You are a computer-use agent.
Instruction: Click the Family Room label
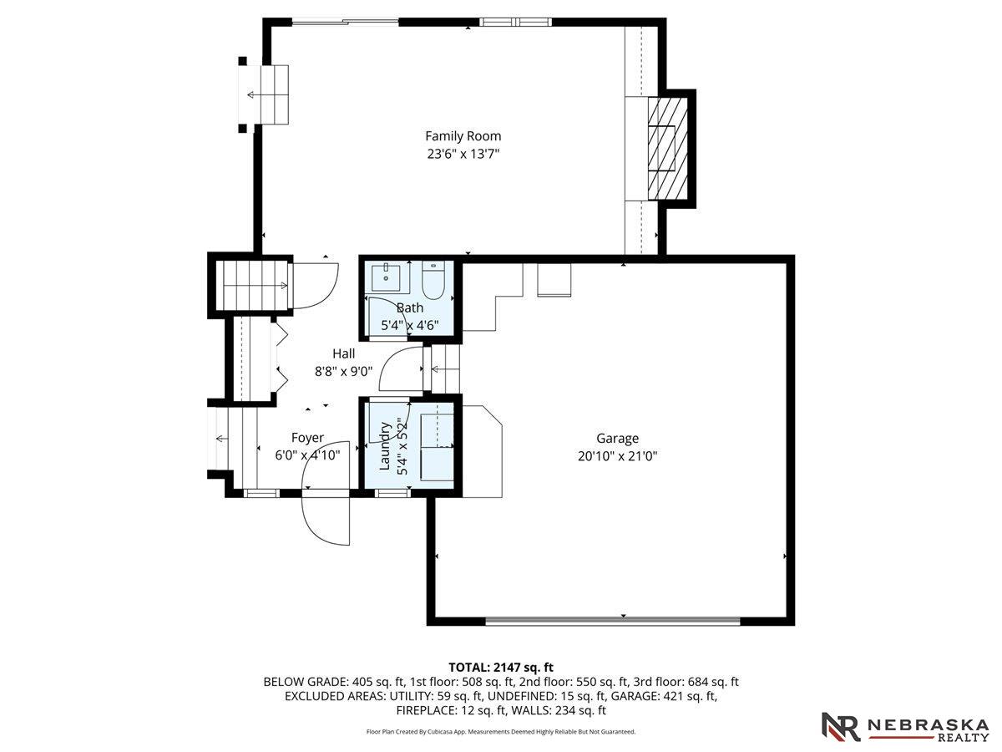[463, 136]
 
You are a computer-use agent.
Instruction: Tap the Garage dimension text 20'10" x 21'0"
[617, 456]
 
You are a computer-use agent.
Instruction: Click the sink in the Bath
[387, 277]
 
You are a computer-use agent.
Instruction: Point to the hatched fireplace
[668, 149]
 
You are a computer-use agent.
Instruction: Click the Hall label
[343, 353]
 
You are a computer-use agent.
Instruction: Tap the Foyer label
[307, 438]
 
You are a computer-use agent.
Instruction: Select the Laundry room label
[385, 446]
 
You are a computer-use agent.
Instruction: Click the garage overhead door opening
[612, 621]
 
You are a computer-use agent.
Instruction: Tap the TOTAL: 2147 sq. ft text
[501, 667]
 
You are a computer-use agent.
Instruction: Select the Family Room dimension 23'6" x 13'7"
[463, 154]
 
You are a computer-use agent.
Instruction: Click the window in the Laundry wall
[392, 493]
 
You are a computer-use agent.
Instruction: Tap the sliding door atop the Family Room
[345, 21]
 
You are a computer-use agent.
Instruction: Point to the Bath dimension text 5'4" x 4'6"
[410, 325]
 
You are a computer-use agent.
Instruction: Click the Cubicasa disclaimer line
[501, 731]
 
